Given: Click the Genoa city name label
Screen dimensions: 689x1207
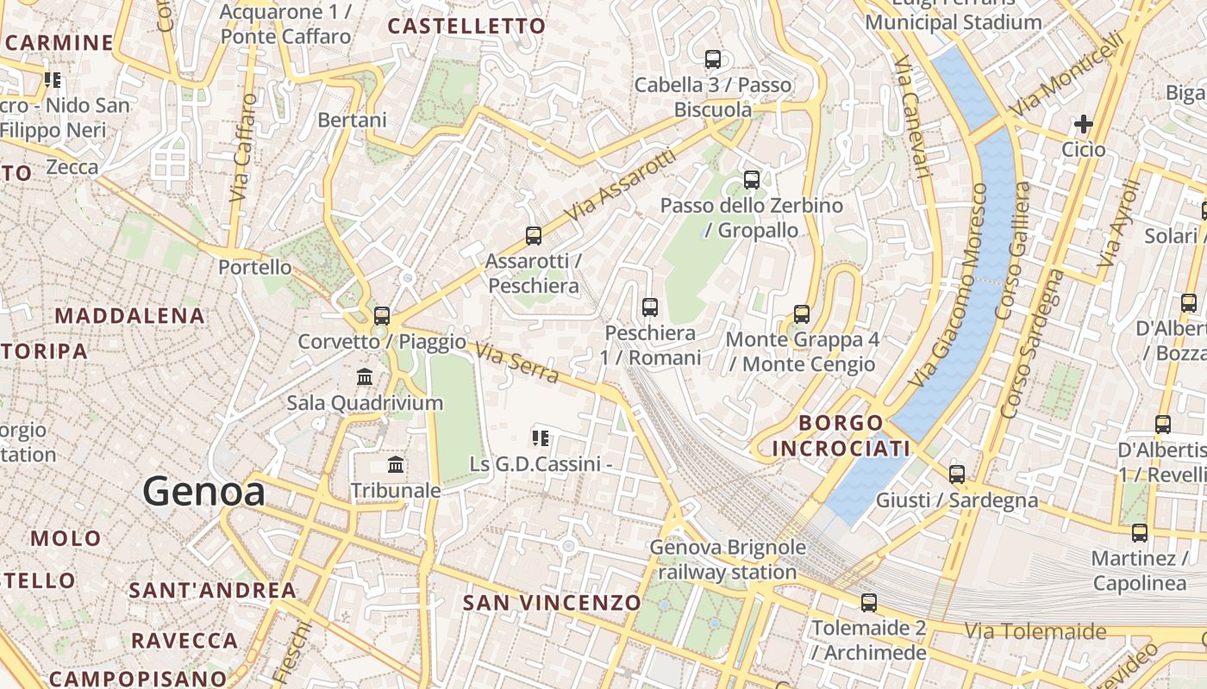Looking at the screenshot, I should tap(203, 492).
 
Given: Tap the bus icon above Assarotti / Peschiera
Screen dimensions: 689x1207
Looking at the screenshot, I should tap(534, 235).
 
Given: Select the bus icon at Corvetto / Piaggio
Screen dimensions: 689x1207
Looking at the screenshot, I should tap(382, 315).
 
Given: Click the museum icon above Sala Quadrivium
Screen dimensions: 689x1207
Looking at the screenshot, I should tap(365, 377).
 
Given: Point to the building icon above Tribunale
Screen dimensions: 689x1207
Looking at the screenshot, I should tap(396, 465).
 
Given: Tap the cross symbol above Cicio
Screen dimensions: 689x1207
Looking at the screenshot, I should tap(1083, 124).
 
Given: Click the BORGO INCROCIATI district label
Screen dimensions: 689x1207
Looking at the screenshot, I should tap(841, 436).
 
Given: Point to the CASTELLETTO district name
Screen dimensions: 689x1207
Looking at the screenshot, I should tap(466, 27).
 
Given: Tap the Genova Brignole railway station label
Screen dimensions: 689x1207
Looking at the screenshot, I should tap(728, 560).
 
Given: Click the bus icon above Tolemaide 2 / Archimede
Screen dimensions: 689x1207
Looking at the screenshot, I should tap(869, 603).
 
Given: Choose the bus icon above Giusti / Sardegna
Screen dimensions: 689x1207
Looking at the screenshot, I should tap(957, 474).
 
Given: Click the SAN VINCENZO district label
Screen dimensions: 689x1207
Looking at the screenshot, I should tap(552, 603).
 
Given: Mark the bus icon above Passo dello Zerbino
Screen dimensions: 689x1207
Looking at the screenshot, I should tap(752, 180).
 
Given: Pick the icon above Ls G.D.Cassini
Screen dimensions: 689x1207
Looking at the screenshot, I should tap(541, 438).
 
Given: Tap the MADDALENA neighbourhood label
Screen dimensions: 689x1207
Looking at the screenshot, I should tap(130, 316).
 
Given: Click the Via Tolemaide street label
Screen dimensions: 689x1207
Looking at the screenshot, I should tap(1035, 631).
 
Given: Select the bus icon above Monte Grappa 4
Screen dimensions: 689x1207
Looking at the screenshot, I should tap(802, 313).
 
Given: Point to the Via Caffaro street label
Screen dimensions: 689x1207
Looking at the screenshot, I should tap(245, 148).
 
